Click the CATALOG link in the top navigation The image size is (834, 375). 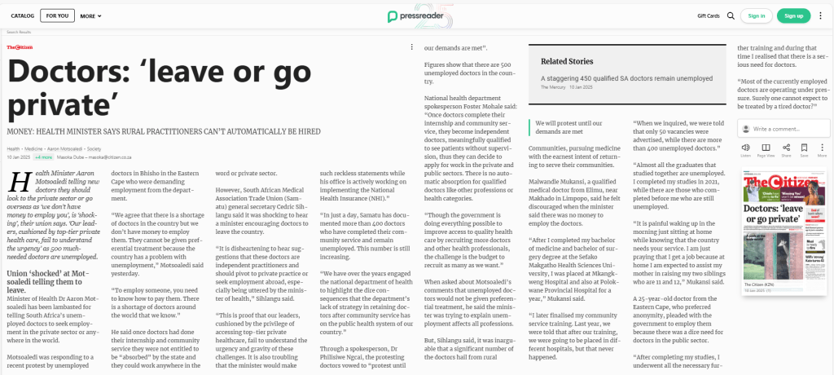tap(23, 15)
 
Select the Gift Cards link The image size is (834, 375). tap(708, 15)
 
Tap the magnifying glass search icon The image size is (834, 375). tap(731, 15)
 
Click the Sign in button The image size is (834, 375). tap(757, 15)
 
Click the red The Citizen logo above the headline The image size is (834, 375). tap(20, 47)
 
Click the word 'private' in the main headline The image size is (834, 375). tap(55, 106)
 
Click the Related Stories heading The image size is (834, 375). tap(567, 61)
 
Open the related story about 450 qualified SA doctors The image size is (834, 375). tap(626, 78)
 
